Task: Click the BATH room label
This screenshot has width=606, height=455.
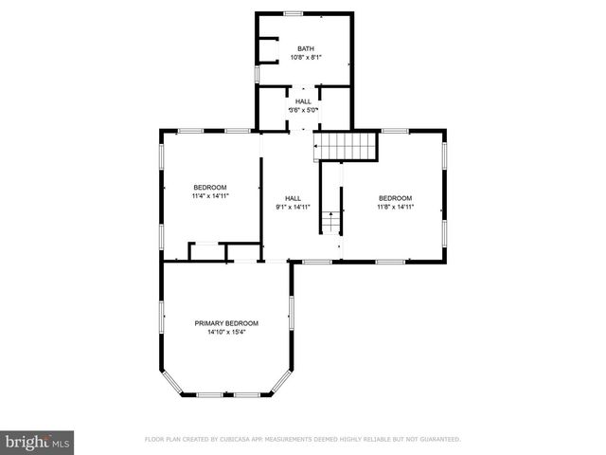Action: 305,49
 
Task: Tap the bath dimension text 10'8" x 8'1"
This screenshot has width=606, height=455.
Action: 305,58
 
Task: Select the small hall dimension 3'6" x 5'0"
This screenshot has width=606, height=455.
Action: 303,110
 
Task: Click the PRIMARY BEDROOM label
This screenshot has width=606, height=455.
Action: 226,323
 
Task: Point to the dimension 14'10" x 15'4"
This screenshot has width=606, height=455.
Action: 226,332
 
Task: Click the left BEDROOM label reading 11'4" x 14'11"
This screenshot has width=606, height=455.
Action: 210,188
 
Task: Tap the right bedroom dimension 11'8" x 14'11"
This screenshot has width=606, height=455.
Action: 395,206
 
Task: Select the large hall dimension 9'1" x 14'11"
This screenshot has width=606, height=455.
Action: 294,206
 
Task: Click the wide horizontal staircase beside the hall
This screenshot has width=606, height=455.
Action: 348,146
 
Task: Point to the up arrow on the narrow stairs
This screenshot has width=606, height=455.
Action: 330,217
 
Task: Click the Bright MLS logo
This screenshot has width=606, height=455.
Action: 38,442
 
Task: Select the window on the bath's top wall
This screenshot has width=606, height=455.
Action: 294,13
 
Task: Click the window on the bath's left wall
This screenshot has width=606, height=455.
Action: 256,73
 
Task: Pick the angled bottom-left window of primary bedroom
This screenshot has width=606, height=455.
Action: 171,382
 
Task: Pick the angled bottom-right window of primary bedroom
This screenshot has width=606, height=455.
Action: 282,382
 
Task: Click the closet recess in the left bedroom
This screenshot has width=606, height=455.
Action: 206,251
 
